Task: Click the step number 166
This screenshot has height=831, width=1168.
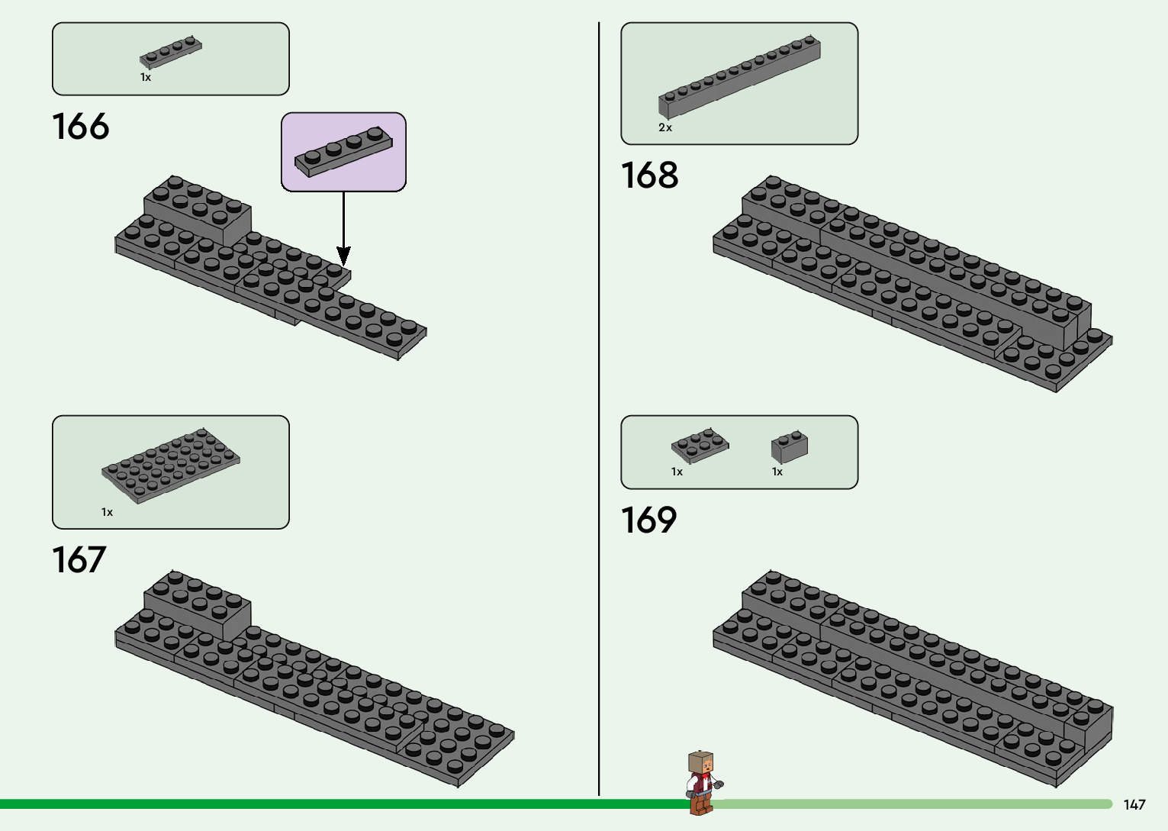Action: [x=81, y=127]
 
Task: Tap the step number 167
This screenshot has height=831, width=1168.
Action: [x=79, y=560]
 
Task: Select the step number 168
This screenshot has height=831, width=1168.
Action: [x=649, y=176]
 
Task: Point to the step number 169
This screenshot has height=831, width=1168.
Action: [x=648, y=520]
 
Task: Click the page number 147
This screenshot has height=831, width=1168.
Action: [x=1134, y=805]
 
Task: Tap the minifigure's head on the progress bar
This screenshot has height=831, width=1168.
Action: [x=701, y=763]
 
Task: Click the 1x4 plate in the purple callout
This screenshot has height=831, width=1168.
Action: [x=344, y=150]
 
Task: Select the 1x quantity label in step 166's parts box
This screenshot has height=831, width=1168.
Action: [x=146, y=78]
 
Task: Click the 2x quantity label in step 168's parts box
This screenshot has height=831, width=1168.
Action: [x=665, y=128]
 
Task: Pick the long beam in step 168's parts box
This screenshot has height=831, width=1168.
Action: [x=739, y=76]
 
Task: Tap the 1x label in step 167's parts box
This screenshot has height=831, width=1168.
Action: [x=107, y=513]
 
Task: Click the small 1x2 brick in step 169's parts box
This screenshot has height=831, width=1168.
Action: [x=789, y=446]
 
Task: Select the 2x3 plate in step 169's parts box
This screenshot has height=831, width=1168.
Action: [x=700, y=446]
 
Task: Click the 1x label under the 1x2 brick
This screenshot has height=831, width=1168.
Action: [x=777, y=472]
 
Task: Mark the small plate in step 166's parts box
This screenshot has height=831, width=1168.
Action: [x=171, y=53]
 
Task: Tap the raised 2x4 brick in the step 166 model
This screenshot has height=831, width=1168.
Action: [x=198, y=206]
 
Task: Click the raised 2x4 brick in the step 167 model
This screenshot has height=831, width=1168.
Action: [x=198, y=603]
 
